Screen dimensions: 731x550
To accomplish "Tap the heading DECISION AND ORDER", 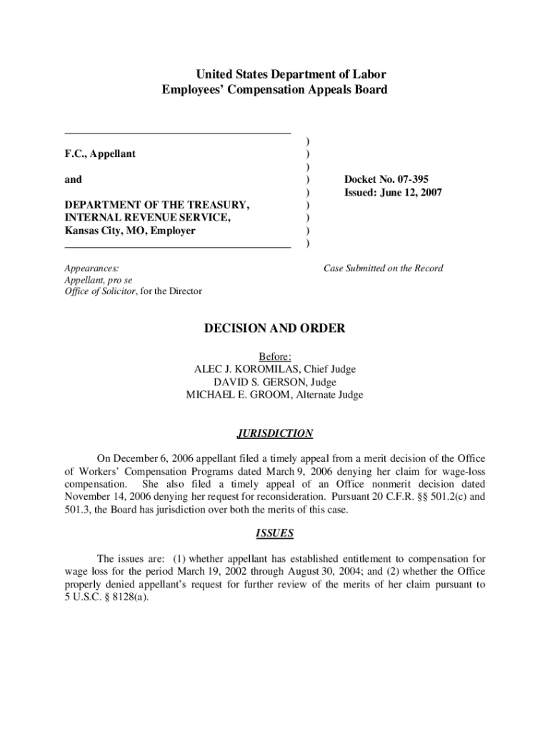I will coord(275,328).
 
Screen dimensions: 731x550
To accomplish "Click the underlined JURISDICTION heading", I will coord(275,433).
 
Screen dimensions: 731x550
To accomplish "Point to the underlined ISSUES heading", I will coord(275,533).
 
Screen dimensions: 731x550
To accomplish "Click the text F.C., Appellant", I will coord(100,154).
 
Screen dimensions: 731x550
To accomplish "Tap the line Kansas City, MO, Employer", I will coord(130,231).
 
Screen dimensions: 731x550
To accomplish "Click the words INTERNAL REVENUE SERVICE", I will coord(147,218).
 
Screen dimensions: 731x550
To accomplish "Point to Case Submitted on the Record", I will coord(383,268).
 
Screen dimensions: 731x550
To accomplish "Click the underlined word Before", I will coord(275,356).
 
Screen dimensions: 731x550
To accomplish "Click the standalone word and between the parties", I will coord(73,180).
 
